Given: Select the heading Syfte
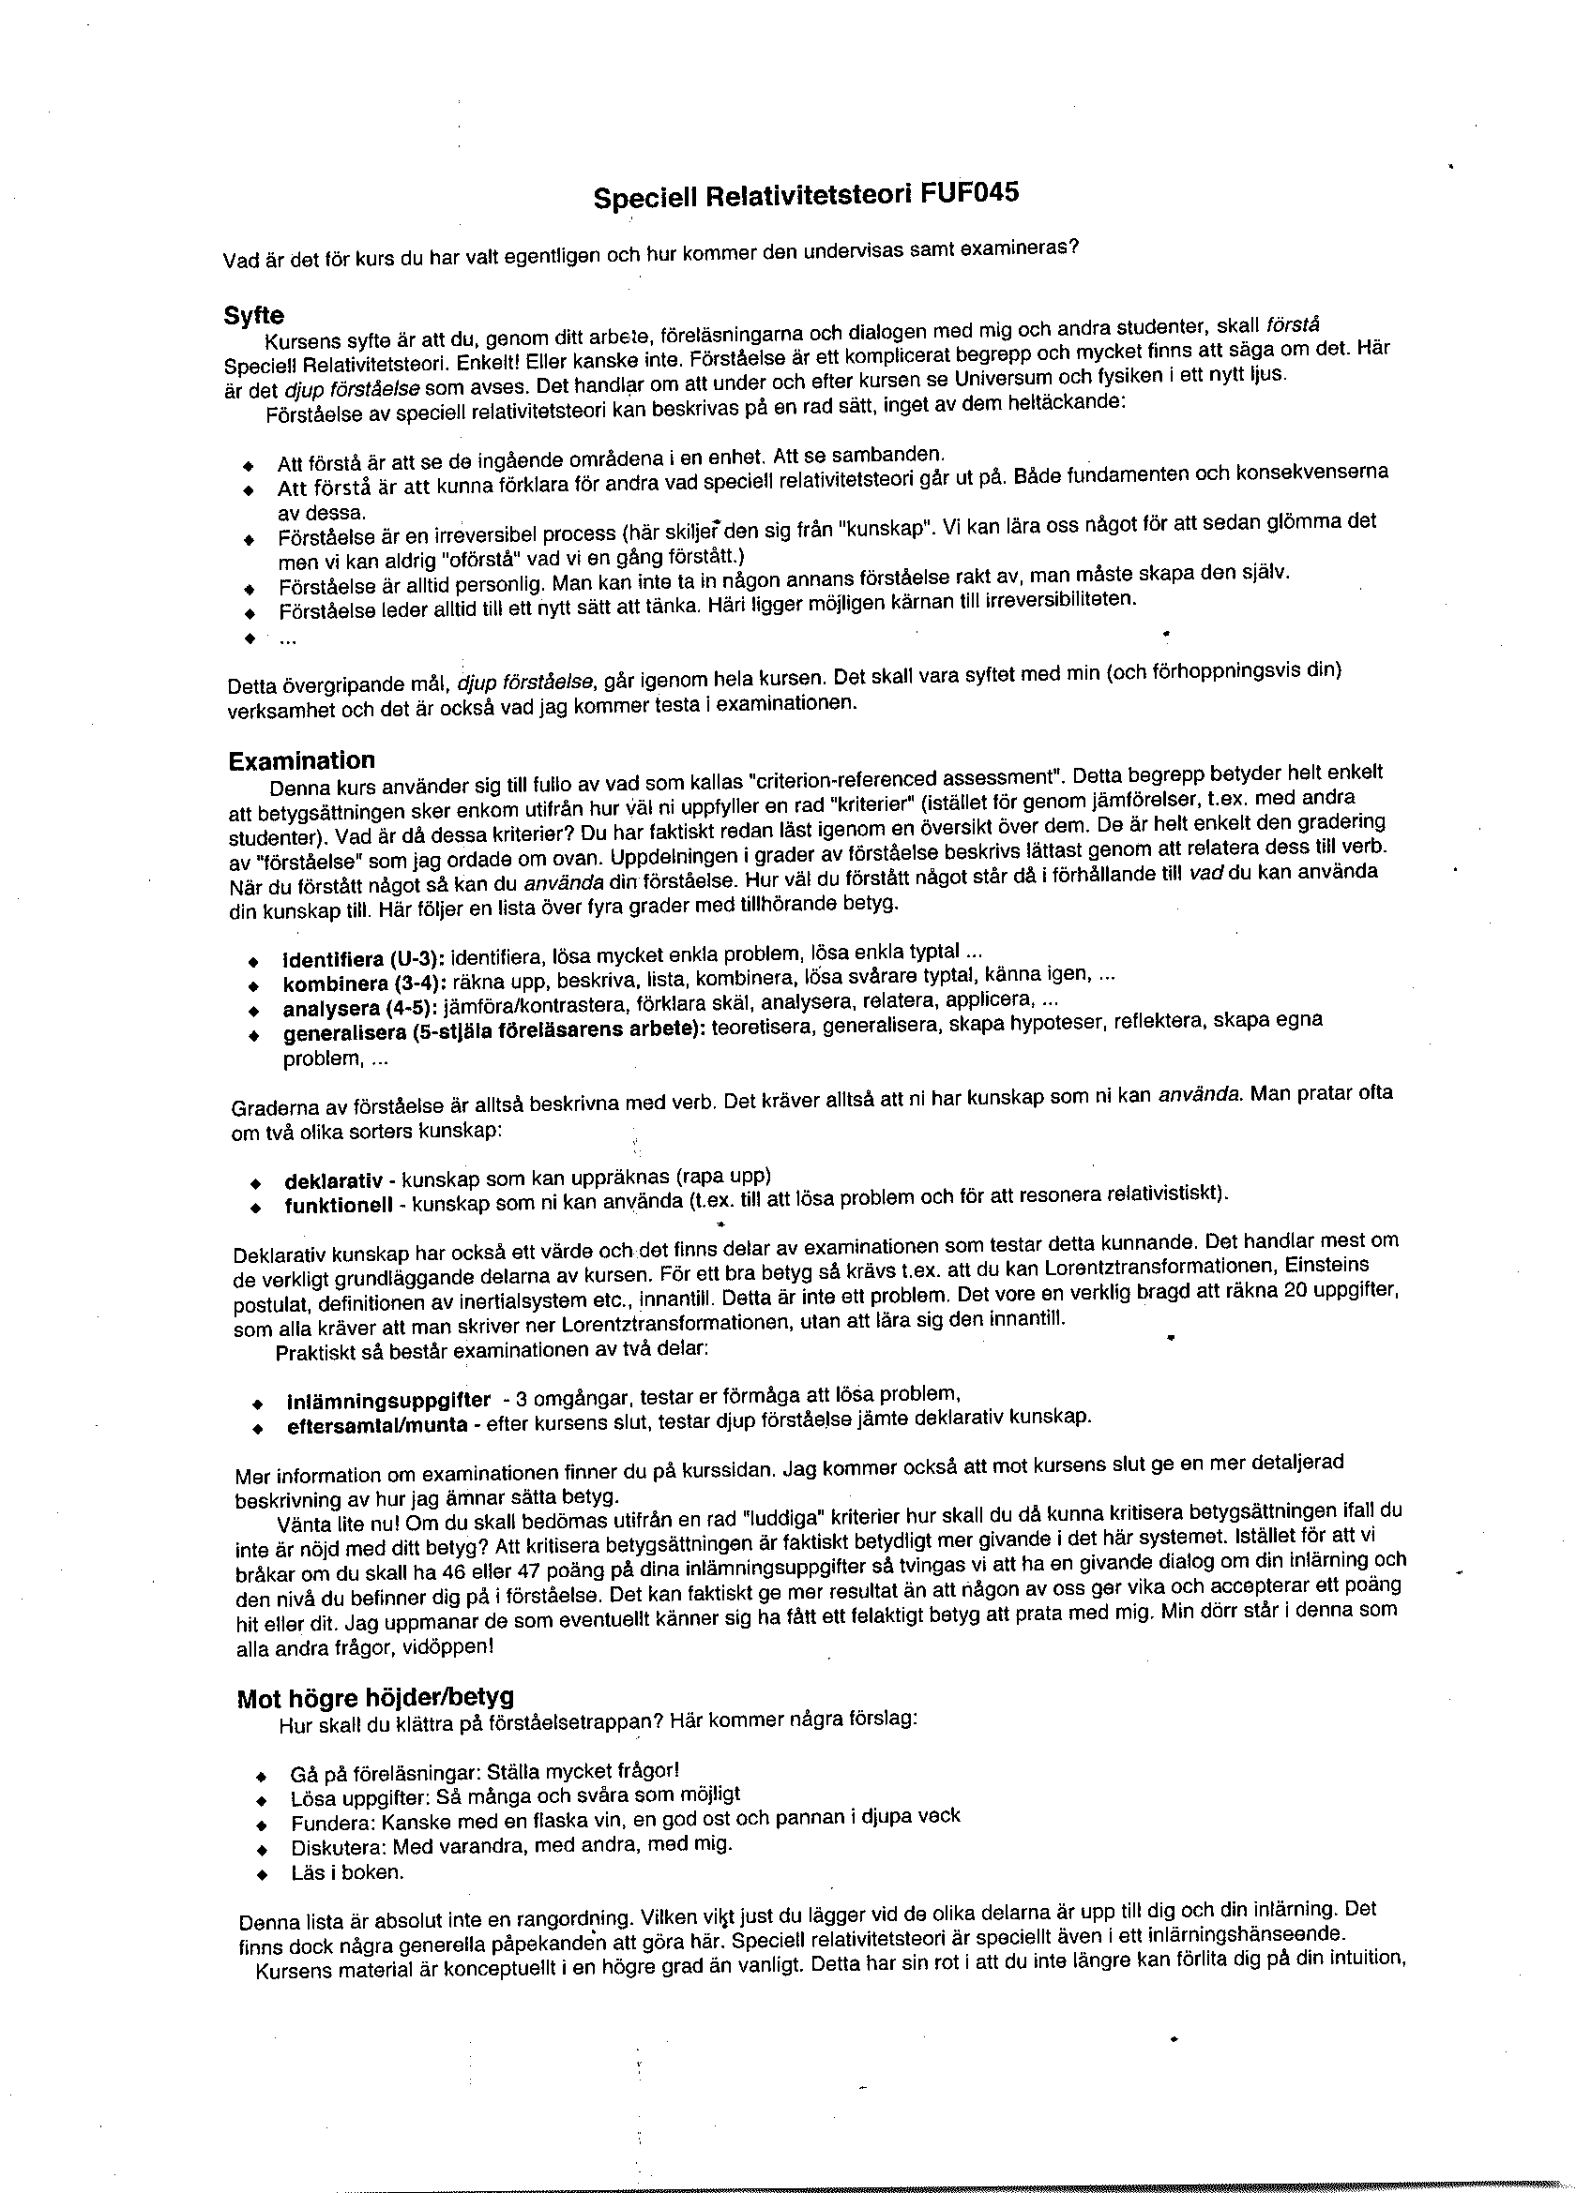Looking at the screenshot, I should point(254,315).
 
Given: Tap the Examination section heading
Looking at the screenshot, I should point(302,760).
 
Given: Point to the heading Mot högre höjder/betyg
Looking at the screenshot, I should point(375,1697).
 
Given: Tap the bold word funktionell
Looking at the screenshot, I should point(339,1206).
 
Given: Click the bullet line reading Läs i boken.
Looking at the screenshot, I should point(347,1872).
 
